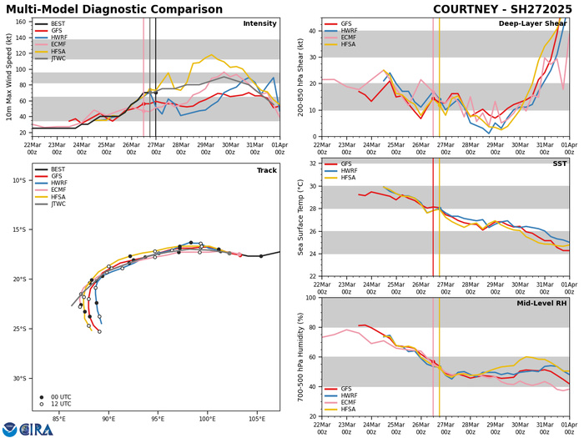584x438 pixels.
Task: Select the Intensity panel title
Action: click(259, 23)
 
